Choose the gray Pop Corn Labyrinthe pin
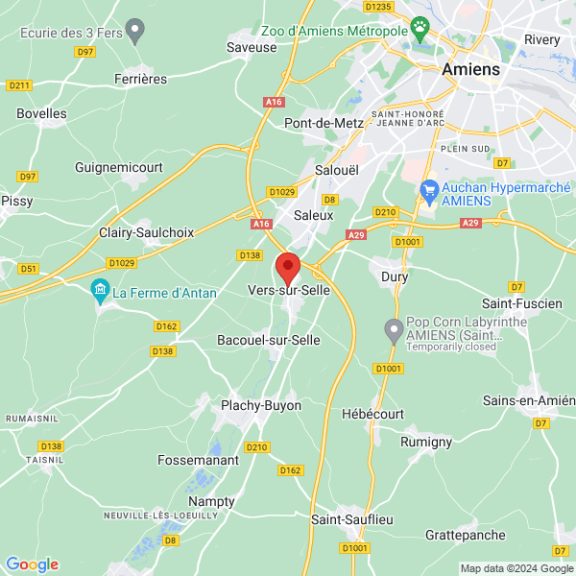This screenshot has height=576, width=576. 393,331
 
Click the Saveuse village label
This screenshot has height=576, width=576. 252,46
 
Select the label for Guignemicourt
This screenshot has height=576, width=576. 119,167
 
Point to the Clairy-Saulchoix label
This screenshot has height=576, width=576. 147,232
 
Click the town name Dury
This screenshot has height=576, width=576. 395,276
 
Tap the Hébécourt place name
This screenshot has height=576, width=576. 373,413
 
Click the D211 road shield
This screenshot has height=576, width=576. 19,85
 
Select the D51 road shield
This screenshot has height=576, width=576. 30,269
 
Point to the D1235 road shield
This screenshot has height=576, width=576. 379,7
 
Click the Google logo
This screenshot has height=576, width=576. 33,564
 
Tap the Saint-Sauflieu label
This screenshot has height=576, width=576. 352,519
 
